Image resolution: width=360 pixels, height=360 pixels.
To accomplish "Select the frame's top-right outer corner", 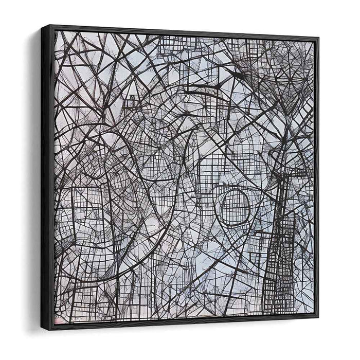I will pyautogui.click(x=319, y=37).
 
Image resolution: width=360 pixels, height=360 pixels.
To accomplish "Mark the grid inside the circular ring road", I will pyautogui.click(x=235, y=206).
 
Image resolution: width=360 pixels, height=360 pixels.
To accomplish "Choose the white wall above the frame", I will pyautogui.click(x=180, y=13).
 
